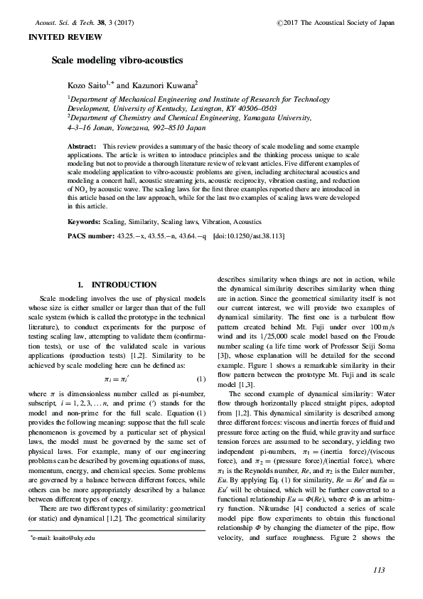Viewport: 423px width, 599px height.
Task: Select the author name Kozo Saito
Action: (87, 85)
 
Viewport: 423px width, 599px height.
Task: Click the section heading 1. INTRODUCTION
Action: (117, 285)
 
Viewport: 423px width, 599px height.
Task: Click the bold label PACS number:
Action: (92, 235)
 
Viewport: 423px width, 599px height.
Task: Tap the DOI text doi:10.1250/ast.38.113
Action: (250, 235)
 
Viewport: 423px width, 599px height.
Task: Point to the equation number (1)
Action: (201, 378)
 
